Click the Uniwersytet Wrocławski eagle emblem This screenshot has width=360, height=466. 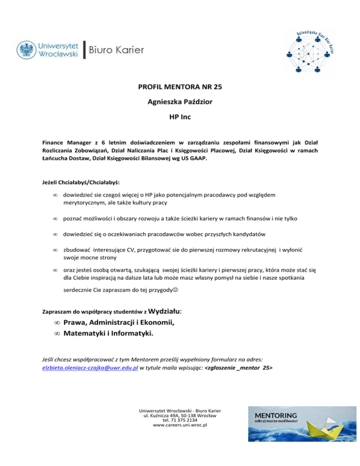(27, 50)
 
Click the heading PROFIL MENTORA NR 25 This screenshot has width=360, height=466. (180, 86)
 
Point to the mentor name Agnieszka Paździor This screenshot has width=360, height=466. (180, 100)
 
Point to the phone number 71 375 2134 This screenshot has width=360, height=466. (187, 421)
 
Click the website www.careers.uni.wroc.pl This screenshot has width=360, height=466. (180, 426)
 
